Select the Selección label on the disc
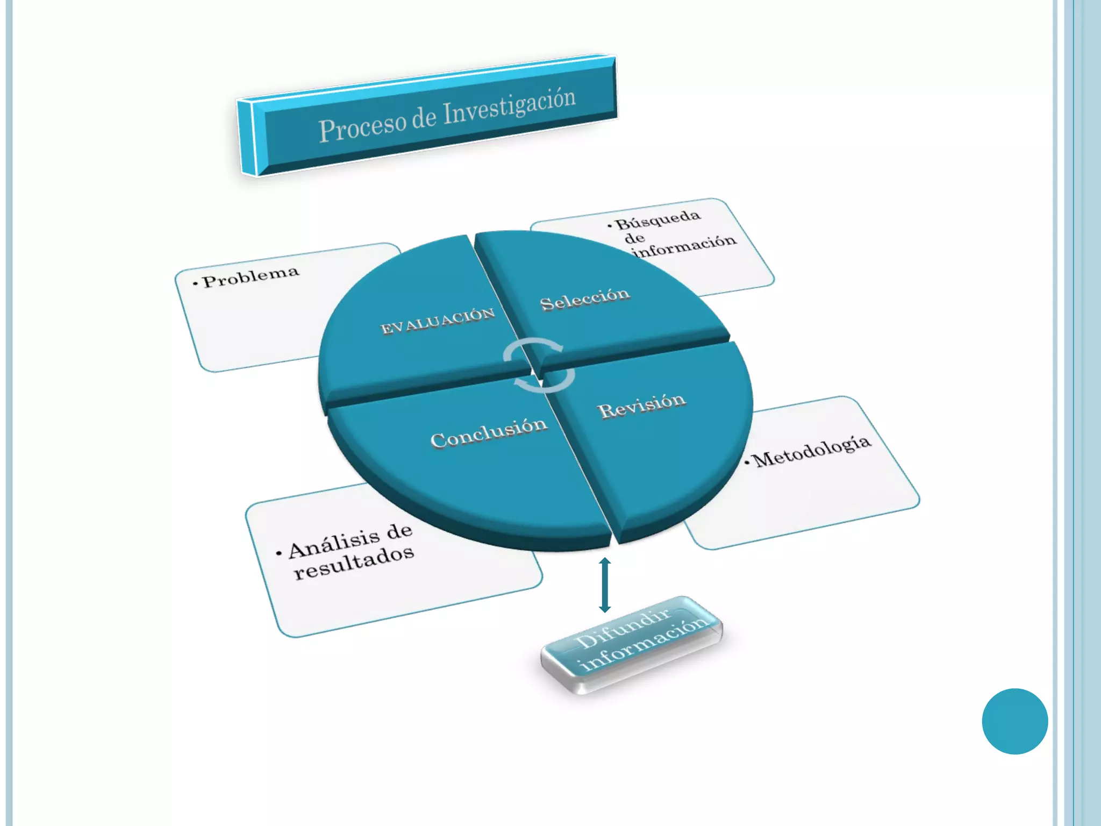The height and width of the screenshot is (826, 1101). (585, 299)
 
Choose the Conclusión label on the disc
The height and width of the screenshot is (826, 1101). (489, 433)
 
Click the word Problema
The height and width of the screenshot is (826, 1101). (251, 276)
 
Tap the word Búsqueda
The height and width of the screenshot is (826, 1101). (658, 220)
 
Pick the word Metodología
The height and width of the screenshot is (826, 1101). (812, 452)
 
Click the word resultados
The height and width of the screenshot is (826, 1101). (354, 564)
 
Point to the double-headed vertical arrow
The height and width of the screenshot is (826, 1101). (605, 585)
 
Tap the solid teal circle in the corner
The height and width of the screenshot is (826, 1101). (1014, 721)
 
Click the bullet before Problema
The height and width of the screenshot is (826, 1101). (196, 283)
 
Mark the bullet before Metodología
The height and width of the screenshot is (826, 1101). (747, 462)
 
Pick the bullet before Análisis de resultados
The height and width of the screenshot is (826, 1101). (278, 553)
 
